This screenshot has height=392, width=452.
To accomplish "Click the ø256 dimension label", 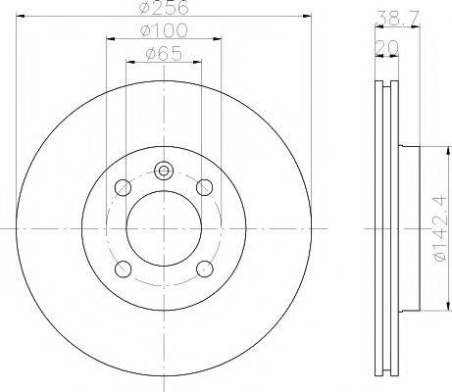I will [x=164, y=9].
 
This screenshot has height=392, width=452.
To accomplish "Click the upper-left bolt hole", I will [x=123, y=186].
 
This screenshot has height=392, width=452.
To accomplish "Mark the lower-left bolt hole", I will [x=123, y=269].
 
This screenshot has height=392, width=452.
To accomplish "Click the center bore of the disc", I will [x=163, y=227].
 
